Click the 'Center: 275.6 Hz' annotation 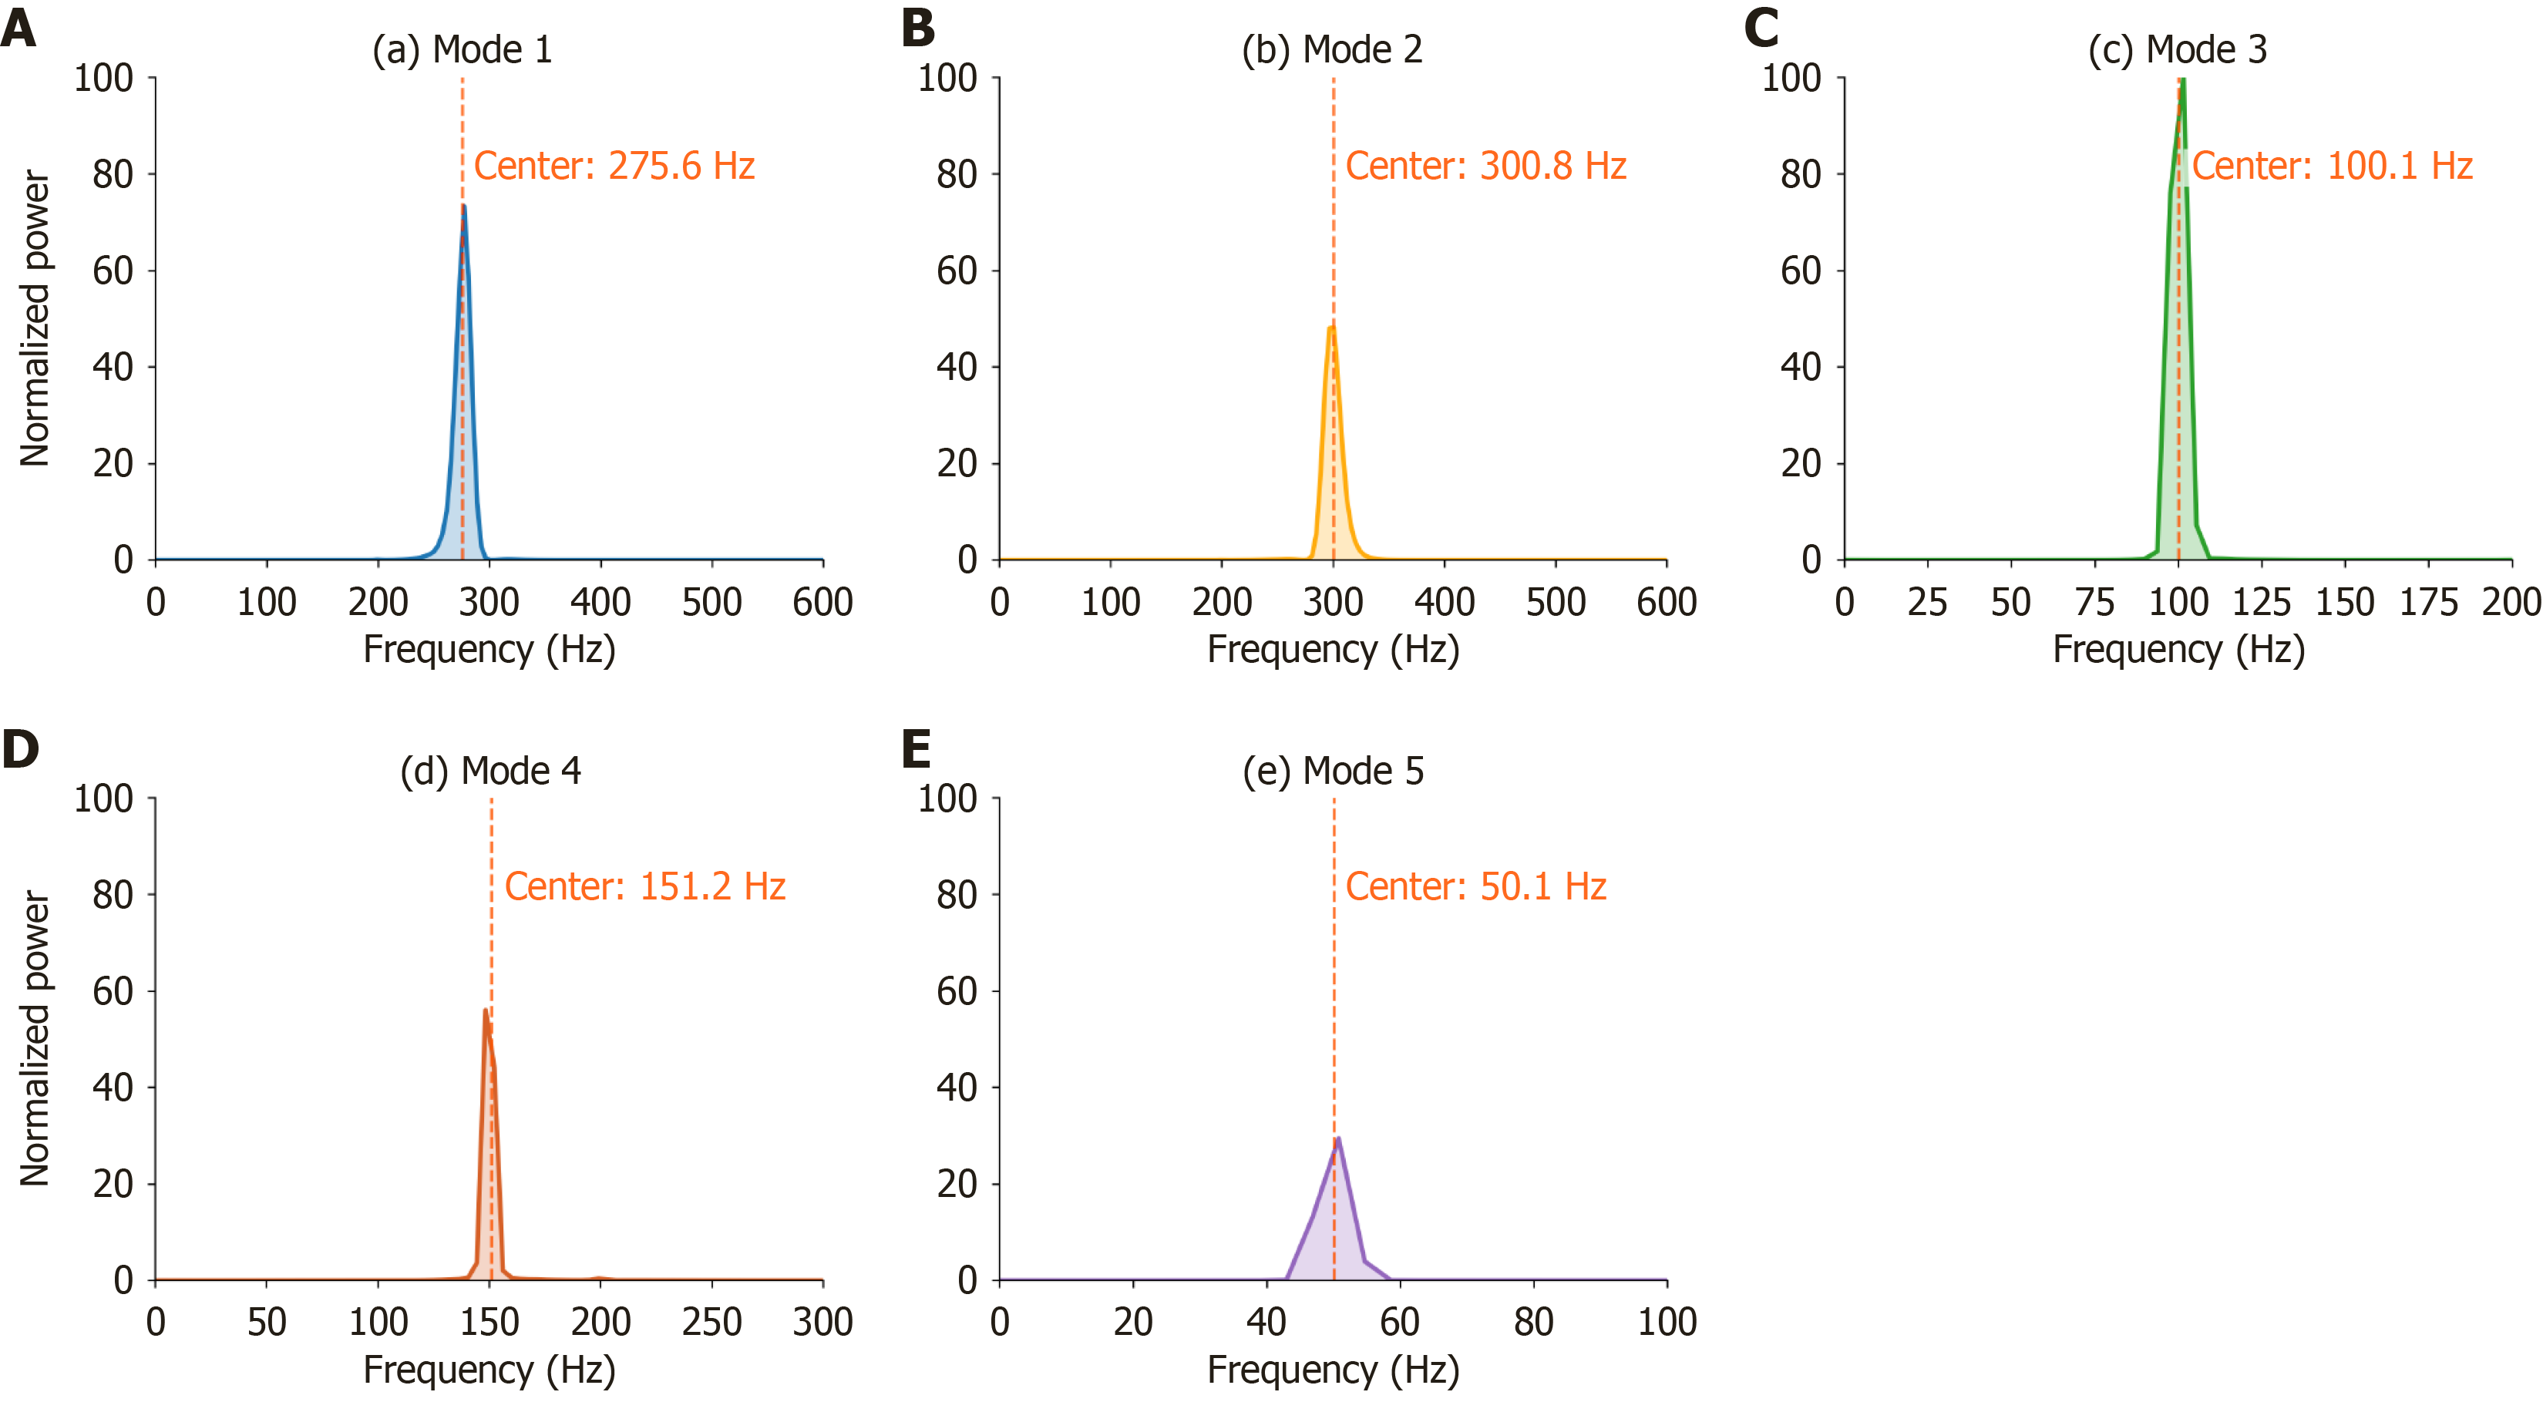tap(614, 166)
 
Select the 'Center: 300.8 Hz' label tap(1485, 166)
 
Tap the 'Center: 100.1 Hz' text tap(2332, 166)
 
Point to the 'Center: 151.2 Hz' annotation tap(644, 886)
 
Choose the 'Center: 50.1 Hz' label tap(1476, 886)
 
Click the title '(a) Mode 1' tap(462, 49)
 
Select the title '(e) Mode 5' tap(1333, 771)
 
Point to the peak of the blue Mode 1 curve tap(463, 207)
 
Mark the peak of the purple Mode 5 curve tap(1337, 1138)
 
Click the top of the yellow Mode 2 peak tap(1332, 327)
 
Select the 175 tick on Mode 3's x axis tap(2428, 601)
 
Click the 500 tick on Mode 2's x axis tap(1556, 601)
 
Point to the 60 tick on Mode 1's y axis tap(113, 271)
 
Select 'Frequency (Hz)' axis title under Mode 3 tap(2178, 650)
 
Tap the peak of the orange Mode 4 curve tap(486, 1010)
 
